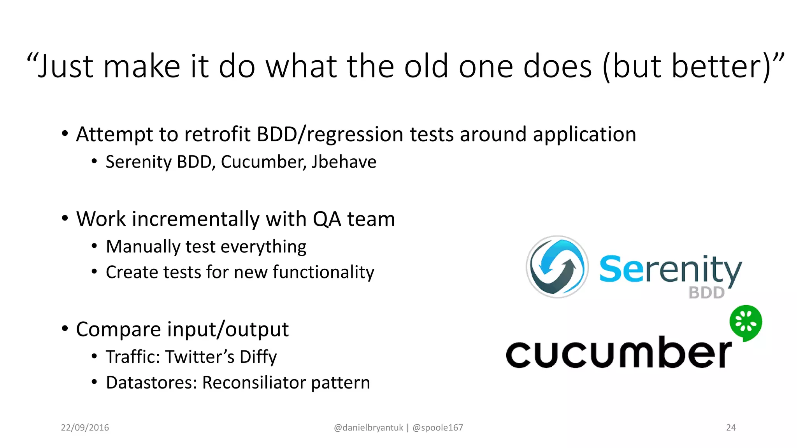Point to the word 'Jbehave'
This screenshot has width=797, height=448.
[344, 162]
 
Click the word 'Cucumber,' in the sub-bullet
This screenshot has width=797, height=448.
[262, 162]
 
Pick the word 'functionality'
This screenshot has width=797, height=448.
[323, 272]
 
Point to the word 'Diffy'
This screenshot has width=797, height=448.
[258, 357]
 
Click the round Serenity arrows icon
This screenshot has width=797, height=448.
[557, 267]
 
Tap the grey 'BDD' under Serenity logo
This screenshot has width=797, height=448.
[706, 293]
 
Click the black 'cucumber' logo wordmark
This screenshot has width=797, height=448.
[618, 352]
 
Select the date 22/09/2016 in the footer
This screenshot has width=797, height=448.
[85, 427]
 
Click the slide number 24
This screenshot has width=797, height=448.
[731, 427]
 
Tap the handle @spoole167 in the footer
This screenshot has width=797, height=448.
[437, 427]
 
